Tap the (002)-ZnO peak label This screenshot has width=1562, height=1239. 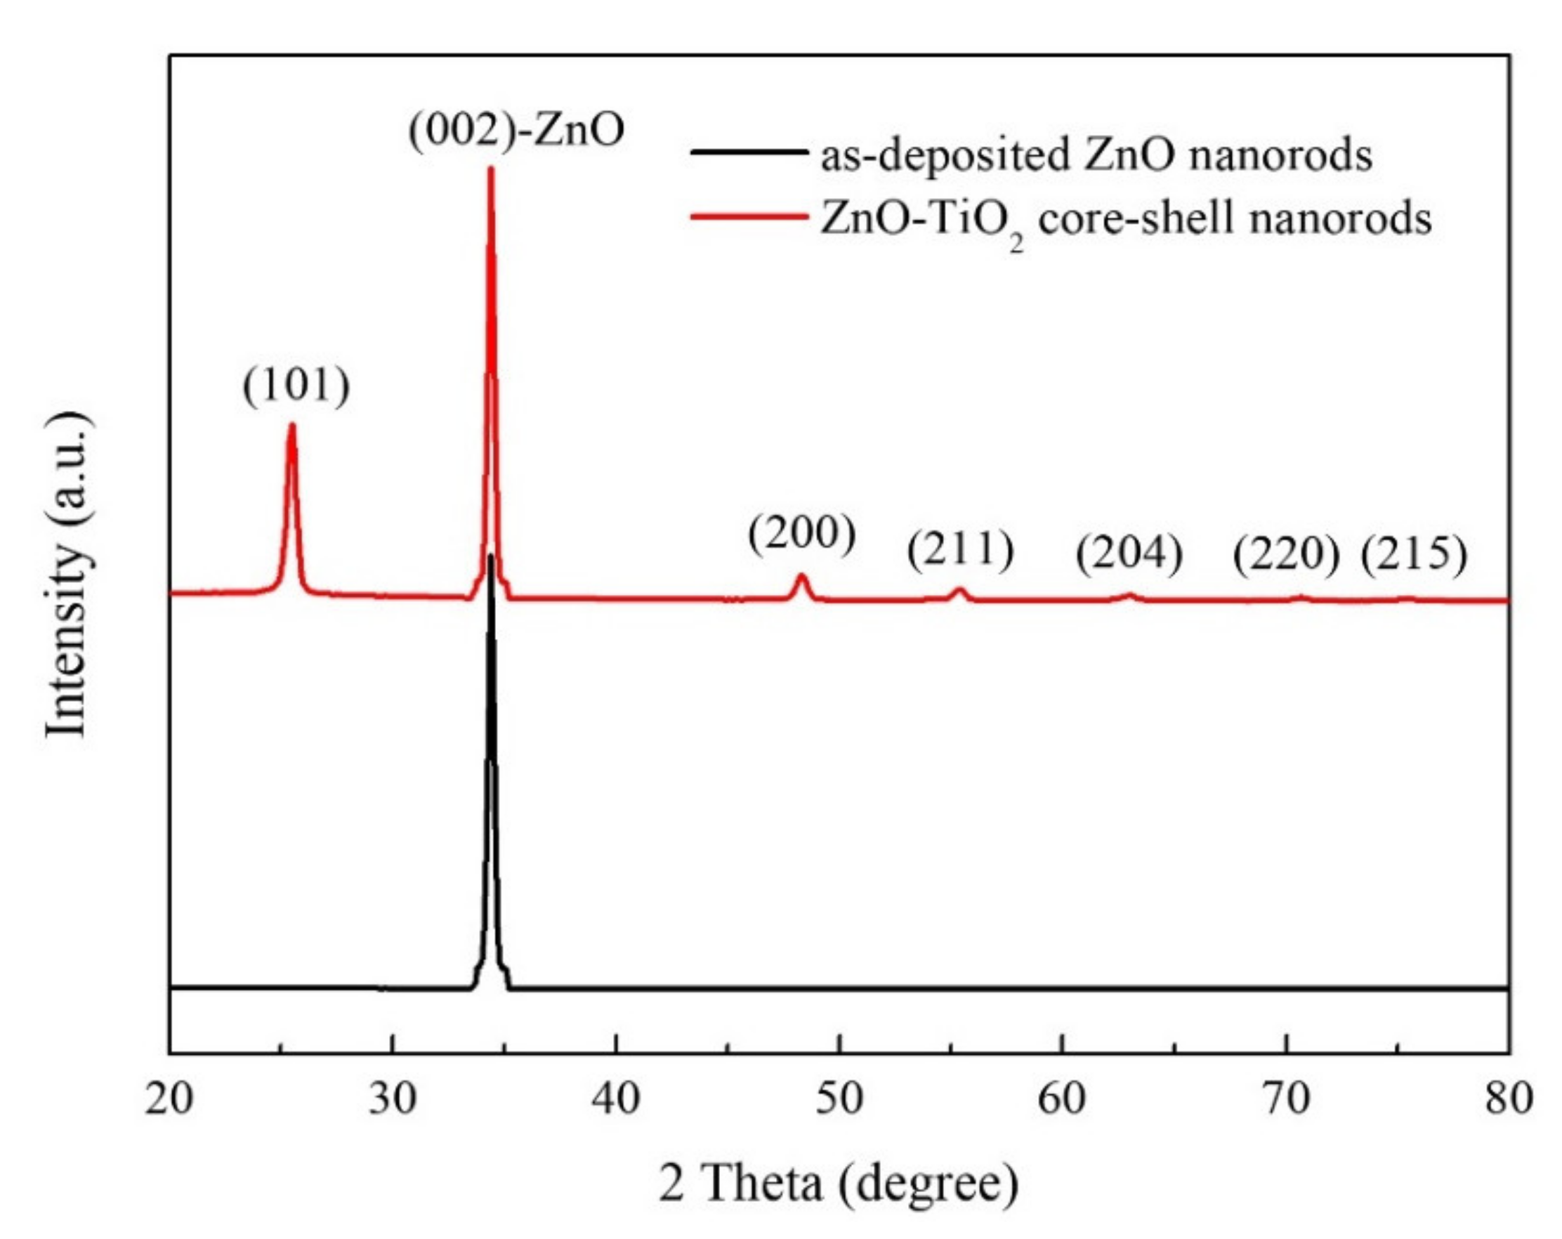click(x=516, y=131)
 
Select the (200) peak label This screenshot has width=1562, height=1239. click(x=801, y=535)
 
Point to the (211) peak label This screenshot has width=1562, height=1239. click(x=960, y=551)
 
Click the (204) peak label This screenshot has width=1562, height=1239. click(x=1129, y=554)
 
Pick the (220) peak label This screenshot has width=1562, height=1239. click(x=1286, y=556)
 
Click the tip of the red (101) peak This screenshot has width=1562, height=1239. click(x=292, y=426)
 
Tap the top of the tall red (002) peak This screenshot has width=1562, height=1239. click(x=490, y=169)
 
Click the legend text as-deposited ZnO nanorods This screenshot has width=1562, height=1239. click(x=1096, y=155)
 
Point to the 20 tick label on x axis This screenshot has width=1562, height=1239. click(x=169, y=1099)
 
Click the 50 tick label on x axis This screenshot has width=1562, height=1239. click(x=839, y=1099)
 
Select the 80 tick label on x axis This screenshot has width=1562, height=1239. click(x=1509, y=1099)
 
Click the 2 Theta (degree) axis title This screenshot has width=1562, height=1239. click(x=838, y=1184)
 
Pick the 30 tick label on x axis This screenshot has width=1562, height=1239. click(x=392, y=1099)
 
